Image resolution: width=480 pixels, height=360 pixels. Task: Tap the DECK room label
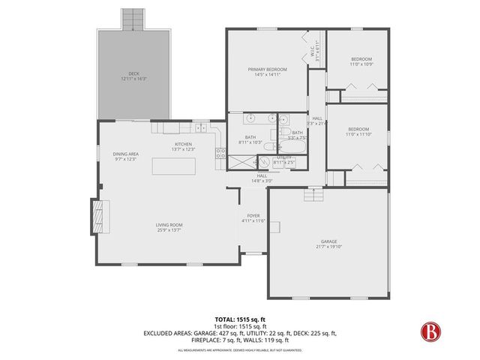click(133, 73)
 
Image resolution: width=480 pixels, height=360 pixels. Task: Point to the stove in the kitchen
click(220, 154)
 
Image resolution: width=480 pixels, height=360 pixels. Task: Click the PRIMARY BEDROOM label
click(268, 69)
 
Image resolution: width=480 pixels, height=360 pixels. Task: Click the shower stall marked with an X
click(241, 160)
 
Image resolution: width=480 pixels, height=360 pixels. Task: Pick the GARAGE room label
click(328, 241)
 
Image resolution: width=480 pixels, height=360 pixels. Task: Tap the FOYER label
click(253, 215)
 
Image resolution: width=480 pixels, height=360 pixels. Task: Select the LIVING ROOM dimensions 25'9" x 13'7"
click(169, 229)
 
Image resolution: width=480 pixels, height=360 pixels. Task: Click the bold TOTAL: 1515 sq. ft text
click(239, 319)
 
